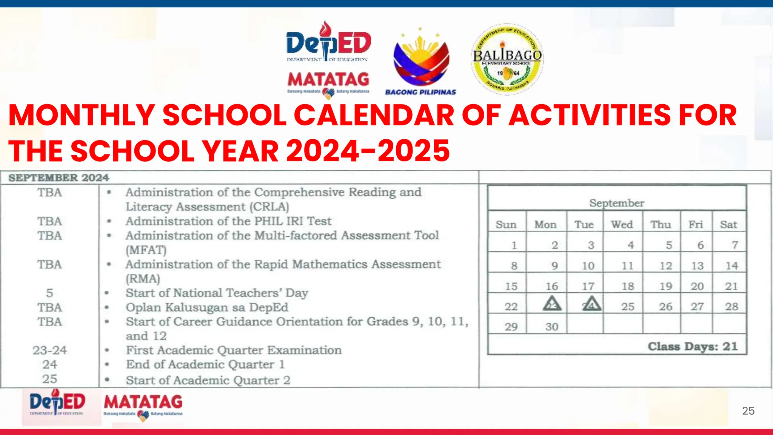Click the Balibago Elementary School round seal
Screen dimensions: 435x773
coord(507,59)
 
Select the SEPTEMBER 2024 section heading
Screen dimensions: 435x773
coord(59,178)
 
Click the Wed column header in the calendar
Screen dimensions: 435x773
coord(622,224)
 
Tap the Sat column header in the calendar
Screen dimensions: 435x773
coord(728,224)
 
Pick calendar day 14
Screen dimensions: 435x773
coord(731,265)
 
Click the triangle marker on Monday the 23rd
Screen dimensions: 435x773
coord(552,304)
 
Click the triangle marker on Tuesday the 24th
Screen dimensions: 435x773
coord(591,304)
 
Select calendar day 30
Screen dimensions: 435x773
coord(551,327)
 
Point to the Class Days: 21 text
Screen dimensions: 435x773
coord(693,346)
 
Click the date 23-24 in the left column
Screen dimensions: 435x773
coord(49,350)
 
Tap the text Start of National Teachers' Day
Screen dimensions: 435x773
coord(217,293)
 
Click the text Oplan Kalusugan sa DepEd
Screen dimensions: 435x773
coord(207,307)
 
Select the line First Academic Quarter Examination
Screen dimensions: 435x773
coord(234,350)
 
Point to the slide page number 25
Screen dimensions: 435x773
coord(748,411)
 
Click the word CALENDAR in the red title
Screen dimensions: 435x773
coord(374,115)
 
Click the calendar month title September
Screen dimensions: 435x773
coord(617,203)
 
